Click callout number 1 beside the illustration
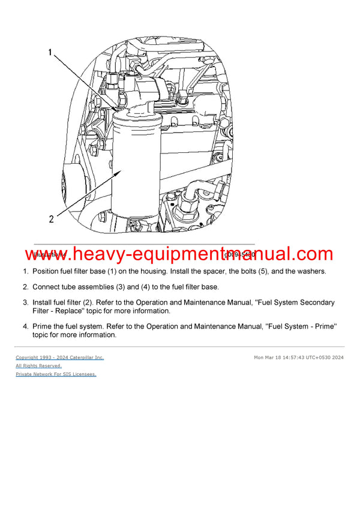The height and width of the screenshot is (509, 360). coord(50,53)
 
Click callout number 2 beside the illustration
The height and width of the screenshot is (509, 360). coord(52,219)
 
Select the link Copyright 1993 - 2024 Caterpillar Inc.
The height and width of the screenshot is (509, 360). coord(59,357)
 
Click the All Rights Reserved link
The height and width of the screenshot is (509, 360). coord(38,366)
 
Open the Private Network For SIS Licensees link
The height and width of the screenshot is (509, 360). coord(56,374)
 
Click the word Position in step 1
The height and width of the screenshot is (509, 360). coord(49,271)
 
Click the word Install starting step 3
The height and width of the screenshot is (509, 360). coord(44,302)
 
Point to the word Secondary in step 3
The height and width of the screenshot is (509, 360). coord(314,302)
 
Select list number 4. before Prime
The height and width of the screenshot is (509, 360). coord(25,326)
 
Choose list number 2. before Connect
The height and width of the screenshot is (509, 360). coord(25,287)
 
